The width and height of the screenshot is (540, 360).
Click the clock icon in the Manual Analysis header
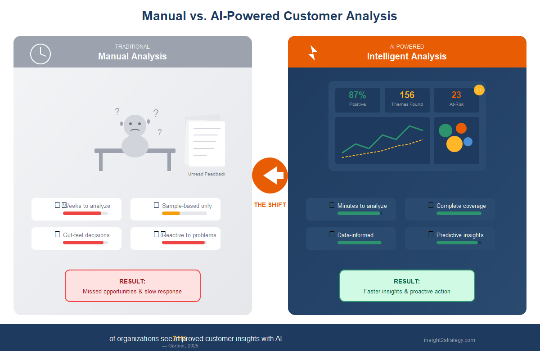coord(40,54)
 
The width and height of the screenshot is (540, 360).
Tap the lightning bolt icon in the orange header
coord(312,53)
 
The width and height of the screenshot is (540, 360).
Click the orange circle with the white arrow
coord(270,175)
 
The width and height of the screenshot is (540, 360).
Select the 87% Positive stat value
coord(357,95)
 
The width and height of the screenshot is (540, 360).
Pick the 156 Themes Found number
coord(407,95)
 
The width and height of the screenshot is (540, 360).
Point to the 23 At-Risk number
coord(456,95)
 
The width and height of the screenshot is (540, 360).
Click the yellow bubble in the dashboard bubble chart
coord(454,144)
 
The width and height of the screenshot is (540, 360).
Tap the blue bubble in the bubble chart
coord(468,142)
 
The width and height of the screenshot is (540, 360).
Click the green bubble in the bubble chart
coord(445,130)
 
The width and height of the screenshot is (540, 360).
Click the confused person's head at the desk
coord(135,126)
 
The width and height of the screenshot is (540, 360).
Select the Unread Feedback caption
coord(207,174)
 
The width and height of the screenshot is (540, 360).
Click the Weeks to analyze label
coord(86,206)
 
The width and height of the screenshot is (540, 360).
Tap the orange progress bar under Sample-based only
coord(171,213)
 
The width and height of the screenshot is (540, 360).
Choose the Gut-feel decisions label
coord(86,235)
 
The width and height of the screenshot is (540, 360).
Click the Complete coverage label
coord(461,206)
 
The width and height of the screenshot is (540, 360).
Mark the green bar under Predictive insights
coord(457,243)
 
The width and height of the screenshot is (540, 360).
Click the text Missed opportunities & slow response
coord(132,291)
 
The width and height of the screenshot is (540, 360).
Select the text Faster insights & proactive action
coord(407,291)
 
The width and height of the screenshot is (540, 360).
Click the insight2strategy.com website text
coord(449,340)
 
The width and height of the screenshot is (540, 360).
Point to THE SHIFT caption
coord(270,205)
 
